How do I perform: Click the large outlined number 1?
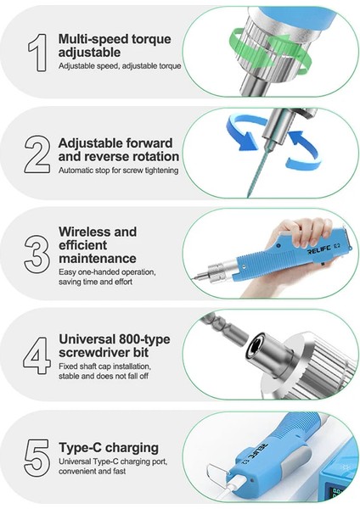[38, 53]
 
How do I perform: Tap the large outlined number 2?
[37, 154]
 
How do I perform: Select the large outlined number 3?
[37, 255]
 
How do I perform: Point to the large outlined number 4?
[37, 355]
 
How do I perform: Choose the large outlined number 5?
[37, 458]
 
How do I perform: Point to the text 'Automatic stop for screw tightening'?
[119, 171]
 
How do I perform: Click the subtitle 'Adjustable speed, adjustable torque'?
[120, 66]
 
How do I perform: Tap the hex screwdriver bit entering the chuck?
[222, 329]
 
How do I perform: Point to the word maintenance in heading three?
[98, 259]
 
